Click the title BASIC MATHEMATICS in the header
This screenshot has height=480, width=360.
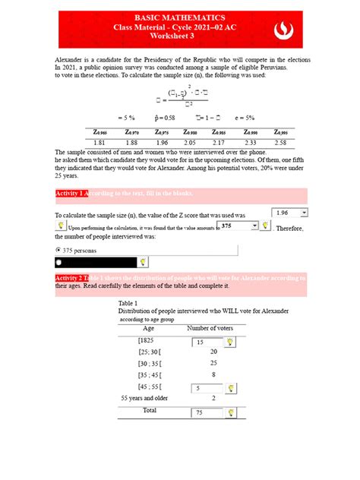pos(180,16)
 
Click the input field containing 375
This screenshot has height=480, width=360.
pos(234,226)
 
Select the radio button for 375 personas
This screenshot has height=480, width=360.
pos(59,249)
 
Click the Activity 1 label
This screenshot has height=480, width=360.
pos(72,194)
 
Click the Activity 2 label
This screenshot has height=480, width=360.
pos(72,278)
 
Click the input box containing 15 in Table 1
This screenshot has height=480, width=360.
pos(205,343)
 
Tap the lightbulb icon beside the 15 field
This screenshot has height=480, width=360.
pos(229,343)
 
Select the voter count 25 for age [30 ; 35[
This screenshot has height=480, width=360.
pos(213,363)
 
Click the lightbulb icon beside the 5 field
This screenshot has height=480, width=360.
pos(229,388)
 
